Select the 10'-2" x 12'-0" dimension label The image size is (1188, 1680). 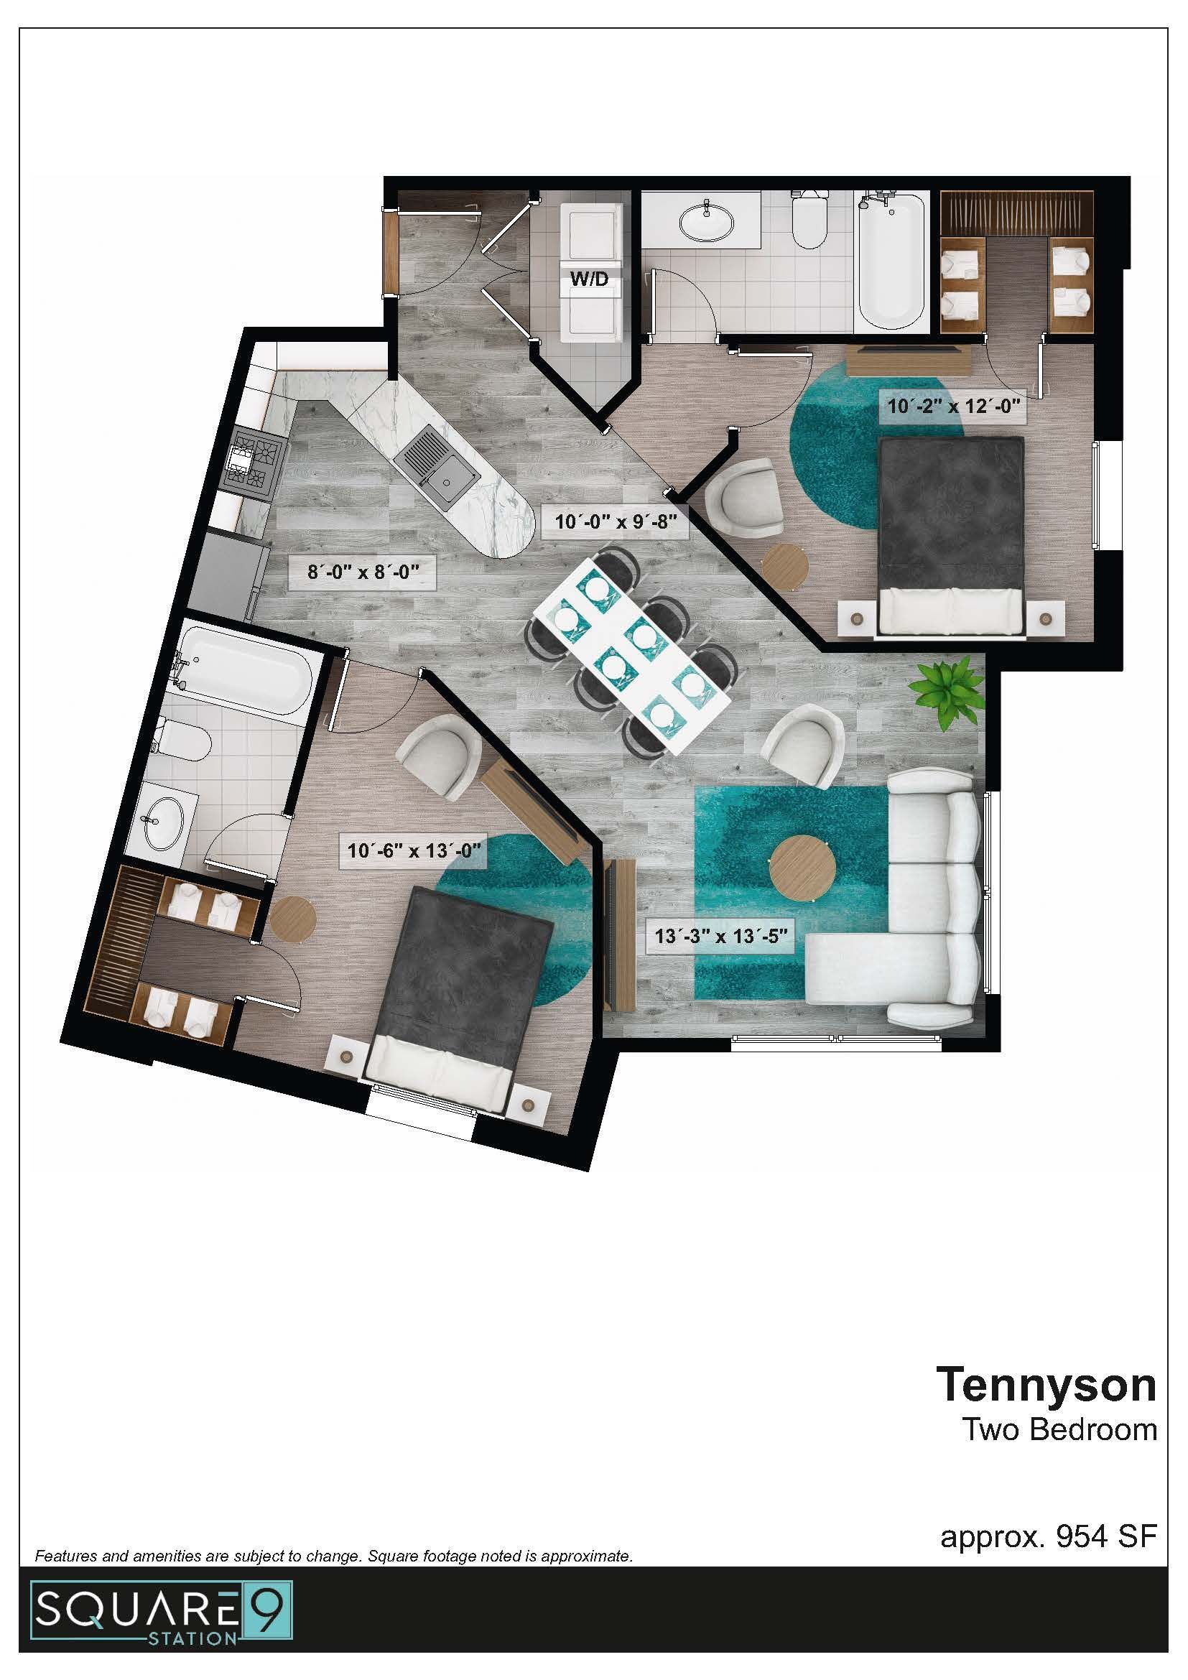(952, 405)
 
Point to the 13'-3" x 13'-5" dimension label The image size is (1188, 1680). (720, 936)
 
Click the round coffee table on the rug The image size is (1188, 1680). (804, 868)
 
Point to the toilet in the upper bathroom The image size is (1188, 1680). (809, 219)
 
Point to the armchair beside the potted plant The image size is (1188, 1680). (803, 749)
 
